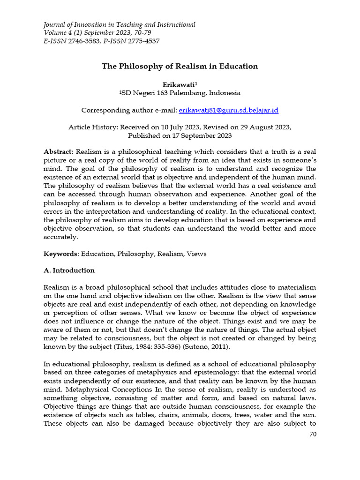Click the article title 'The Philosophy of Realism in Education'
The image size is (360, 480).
click(180, 66)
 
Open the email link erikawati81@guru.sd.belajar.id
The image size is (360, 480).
click(229, 110)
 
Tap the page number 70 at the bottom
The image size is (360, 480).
click(313, 434)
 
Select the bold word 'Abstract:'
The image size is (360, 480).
click(59, 152)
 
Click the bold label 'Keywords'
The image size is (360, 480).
click(60, 254)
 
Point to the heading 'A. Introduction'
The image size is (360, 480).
click(69, 270)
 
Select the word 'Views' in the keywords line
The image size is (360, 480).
click(196, 254)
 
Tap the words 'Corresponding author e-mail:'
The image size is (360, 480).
click(129, 110)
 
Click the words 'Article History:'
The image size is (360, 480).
click(93, 127)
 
